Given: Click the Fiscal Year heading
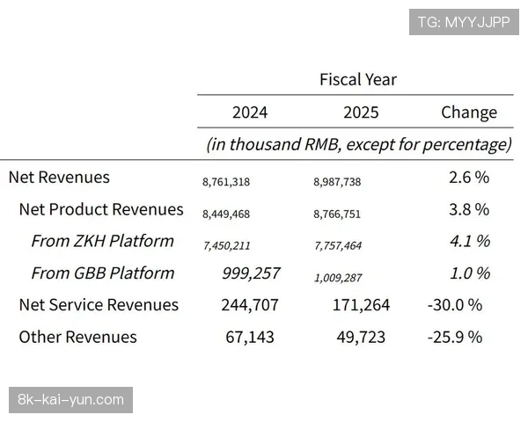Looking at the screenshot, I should (357, 79).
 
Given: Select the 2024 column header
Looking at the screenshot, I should (250, 113).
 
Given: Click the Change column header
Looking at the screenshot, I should (468, 113).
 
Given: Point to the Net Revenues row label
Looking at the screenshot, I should (59, 177).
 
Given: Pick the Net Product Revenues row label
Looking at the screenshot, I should (101, 209).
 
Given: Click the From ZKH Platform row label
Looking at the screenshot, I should (102, 241).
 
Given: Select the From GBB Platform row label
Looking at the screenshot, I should (102, 273).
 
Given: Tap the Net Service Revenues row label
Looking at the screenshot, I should (99, 305).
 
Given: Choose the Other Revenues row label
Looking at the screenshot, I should (77, 337).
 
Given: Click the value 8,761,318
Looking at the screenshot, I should (226, 182).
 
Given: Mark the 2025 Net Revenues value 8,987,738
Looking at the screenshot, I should (337, 182).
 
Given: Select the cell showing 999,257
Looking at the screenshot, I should (250, 273).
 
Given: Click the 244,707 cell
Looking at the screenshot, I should (250, 305).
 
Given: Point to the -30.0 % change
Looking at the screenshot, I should (454, 305).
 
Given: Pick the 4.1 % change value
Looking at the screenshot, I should (469, 241).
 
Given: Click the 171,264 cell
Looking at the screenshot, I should (357, 305).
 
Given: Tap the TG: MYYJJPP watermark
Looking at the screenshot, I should (464, 22).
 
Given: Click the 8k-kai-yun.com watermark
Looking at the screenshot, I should (70, 400).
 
